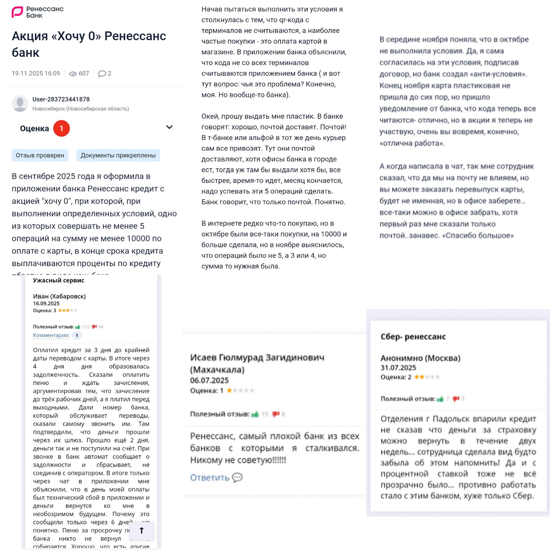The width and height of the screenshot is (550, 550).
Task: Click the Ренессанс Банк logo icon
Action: click(x=17, y=12)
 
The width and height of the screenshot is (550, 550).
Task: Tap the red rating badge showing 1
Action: click(x=62, y=129)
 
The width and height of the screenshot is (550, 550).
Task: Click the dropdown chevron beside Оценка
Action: click(x=169, y=127)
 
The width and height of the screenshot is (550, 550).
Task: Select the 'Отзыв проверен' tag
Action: click(x=40, y=155)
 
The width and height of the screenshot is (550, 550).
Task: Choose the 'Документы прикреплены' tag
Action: click(x=118, y=155)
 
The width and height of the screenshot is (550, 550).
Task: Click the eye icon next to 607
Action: click(x=73, y=74)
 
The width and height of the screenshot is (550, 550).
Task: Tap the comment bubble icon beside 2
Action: click(x=102, y=74)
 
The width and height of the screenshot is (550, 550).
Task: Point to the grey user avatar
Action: click(x=20, y=103)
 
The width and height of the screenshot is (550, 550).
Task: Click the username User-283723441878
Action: click(x=61, y=99)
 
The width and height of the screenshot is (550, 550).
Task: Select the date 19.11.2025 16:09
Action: click(x=36, y=74)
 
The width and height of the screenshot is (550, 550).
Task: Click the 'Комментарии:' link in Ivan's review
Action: click(x=51, y=335)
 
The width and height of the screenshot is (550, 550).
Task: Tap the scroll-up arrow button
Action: click(x=142, y=530)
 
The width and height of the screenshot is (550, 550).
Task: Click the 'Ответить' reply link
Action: click(x=210, y=477)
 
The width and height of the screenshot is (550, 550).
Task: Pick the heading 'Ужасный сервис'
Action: click(x=58, y=280)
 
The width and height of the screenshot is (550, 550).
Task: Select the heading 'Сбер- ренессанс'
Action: click(x=413, y=337)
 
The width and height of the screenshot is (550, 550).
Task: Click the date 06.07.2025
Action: click(x=209, y=380)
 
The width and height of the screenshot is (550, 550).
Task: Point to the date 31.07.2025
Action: click(x=398, y=367)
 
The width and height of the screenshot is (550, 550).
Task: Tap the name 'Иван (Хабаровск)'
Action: click(x=59, y=296)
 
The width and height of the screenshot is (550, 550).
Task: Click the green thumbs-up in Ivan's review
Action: click(x=78, y=327)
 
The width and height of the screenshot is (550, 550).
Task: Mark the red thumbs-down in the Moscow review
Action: click(x=456, y=399)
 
